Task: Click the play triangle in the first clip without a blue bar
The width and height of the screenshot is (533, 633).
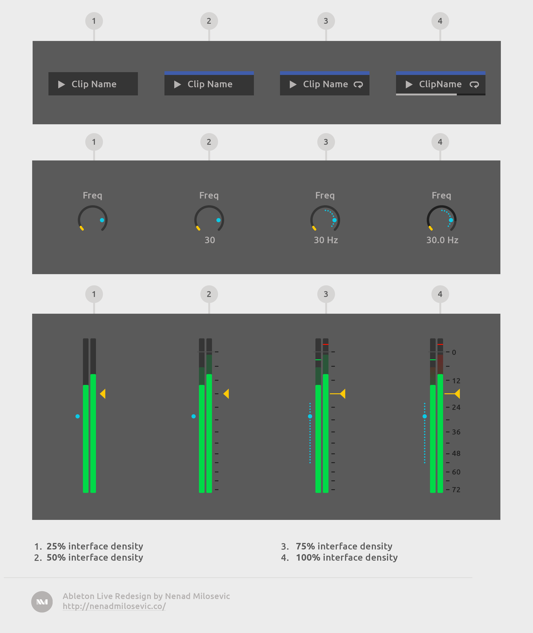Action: click(62, 84)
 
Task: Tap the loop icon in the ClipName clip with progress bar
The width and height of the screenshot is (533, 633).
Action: click(474, 85)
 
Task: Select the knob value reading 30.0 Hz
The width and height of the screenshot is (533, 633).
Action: click(442, 240)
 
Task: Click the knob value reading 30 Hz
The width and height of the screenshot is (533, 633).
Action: click(326, 240)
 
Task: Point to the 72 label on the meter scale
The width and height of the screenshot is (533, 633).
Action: click(456, 490)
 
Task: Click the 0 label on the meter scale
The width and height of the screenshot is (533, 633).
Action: click(454, 352)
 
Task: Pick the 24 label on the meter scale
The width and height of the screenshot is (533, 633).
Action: click(456, 407)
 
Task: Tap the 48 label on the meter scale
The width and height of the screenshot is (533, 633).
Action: click(456, 453)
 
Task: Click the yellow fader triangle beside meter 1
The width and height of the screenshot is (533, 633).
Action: click(103, 394)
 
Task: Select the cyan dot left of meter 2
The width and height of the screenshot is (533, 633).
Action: click(194, 416)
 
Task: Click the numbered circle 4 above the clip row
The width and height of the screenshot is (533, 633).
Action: click(440, 21)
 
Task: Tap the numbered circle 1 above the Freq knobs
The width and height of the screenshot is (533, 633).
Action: click(94, 142)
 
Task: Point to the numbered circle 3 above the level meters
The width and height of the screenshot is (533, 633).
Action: click(326, 294)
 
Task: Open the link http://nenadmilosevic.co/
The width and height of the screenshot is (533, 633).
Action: click(114, 606)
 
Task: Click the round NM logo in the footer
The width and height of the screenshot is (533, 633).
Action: click(42, 602)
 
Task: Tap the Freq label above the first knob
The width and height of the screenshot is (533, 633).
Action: click(92, 195)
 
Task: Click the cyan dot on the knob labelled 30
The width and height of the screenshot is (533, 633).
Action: click(219, 220)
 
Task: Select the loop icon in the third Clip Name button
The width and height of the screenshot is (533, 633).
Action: click(358, 85)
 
